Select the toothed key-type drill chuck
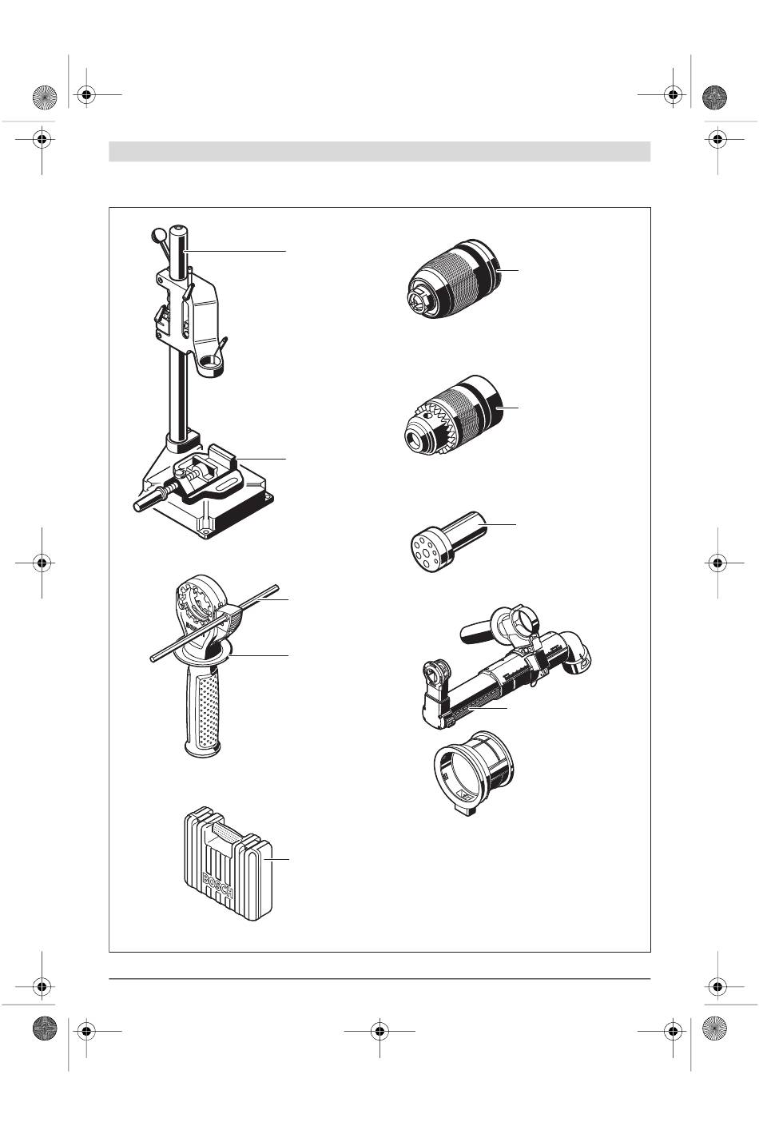(x=453, y=415)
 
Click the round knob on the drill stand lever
(x=158, y=234)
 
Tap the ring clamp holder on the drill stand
(x=211, y=363)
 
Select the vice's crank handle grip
(x=145, y=502)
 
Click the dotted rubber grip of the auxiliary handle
(x=203, y=710)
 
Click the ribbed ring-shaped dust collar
(x=473, y=772)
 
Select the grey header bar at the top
(x=379, y=151)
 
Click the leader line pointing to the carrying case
(x=280, y=859)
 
